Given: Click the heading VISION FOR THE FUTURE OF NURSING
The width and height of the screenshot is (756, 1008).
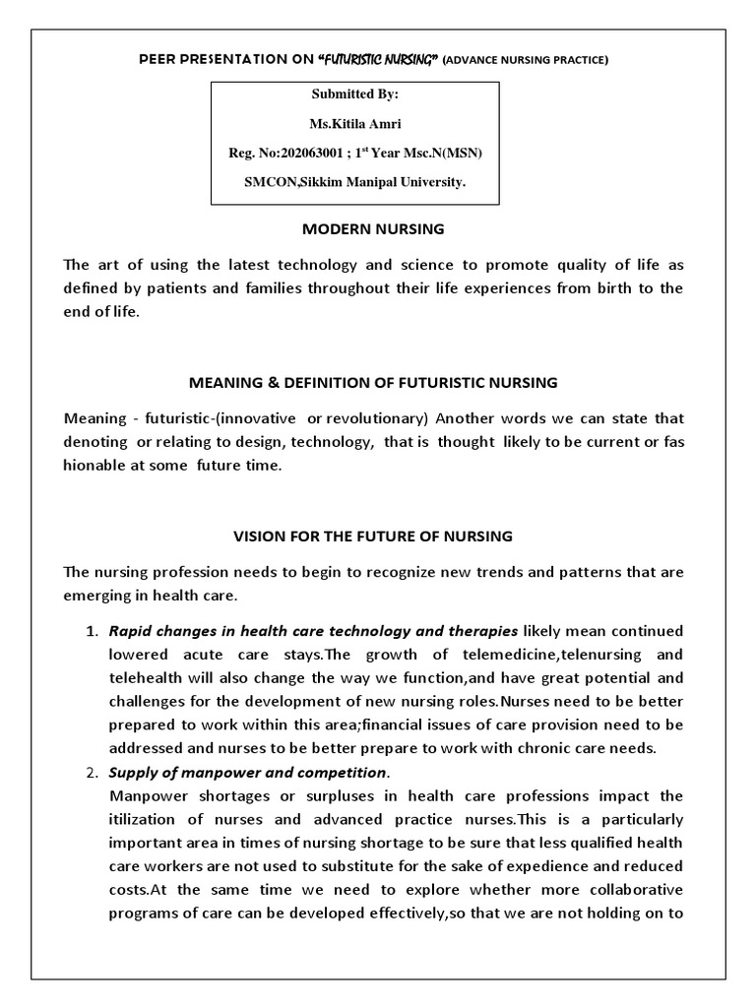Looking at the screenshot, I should [x=372, y=536].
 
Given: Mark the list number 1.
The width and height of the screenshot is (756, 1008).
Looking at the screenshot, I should [x=89, y=630].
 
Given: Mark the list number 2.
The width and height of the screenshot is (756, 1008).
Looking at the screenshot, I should [x=89, y=773].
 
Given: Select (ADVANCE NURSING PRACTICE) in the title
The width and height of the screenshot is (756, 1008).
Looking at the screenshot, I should [x=526, y=61].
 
